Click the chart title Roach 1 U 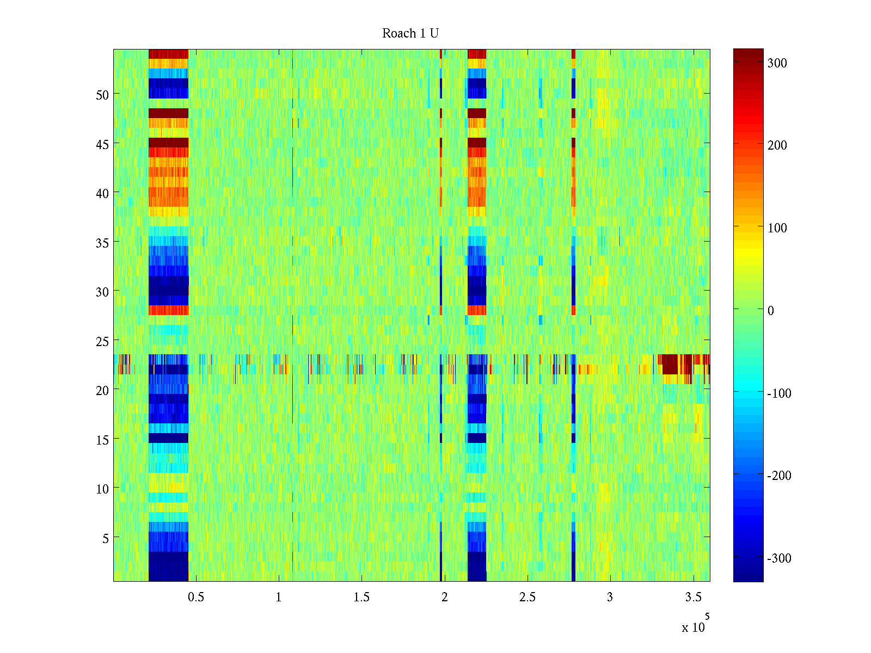click(x=410, y=34)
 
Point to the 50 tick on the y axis click(x=102, y=95)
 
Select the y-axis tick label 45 click(x=102, y=144)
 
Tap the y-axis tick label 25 click(x=102, y=341)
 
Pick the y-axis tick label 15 click(x=102, y=440)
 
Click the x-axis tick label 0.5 click(x=196, y=597)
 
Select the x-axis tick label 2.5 click(x=527, y=597)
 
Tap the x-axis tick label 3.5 click(x=694, y=597)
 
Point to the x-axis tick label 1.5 click(x=361, y=597)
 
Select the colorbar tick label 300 click(x=777, y=63)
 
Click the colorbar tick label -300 click(x=780, y=559)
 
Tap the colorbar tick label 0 click(x=770, y=311)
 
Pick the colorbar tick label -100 click(x=780, y=393)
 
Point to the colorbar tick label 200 click(x=777, y=145)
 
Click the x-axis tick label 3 click(x=610, y=597)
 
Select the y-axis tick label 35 click(x=102, y=243)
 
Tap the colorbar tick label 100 click(x=777, y=228)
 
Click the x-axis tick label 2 click(x=445, y=597)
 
